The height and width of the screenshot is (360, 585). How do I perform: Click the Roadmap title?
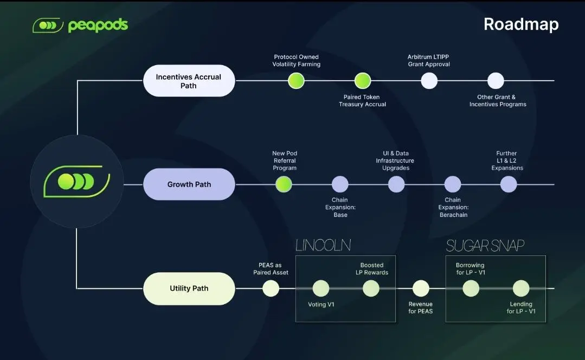521,24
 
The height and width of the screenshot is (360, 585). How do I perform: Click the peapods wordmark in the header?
98,25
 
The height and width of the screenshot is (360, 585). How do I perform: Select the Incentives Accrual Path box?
189,81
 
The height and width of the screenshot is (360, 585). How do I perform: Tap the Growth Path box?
189,184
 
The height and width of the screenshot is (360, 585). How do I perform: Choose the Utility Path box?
189,288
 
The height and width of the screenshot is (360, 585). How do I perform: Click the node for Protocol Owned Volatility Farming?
296,81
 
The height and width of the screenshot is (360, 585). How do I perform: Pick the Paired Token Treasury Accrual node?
362,81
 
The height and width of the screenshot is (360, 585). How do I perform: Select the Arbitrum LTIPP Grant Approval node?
429,81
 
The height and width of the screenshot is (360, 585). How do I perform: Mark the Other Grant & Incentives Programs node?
496,81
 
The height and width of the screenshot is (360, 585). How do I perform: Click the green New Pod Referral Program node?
284,184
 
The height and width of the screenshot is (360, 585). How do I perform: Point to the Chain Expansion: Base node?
340,184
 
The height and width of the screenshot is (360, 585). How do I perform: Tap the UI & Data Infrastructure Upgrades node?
396,184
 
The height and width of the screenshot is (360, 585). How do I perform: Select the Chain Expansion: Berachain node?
453,184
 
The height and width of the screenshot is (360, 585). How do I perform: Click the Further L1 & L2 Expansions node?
508,184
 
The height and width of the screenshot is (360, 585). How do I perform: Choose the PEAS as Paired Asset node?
271,288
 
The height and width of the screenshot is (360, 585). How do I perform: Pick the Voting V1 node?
321,288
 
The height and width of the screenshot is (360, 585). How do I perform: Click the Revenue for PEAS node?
421,288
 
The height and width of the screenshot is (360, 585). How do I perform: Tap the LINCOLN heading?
323,246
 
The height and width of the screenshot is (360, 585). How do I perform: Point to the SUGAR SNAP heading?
485,246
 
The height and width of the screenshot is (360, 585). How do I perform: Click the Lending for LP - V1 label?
521,308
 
